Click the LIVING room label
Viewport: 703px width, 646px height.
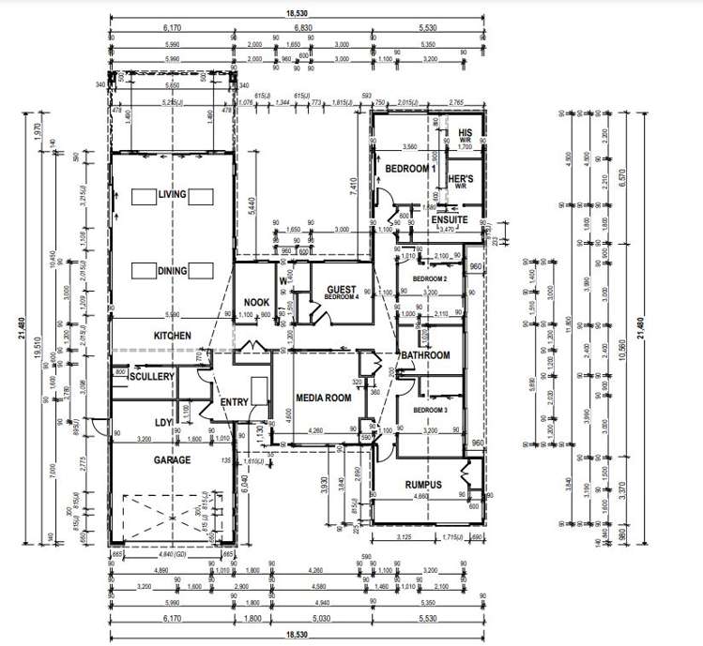[x=173, y=194]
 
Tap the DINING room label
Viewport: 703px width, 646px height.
[x=173, y=271]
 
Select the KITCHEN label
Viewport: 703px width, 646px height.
[x=173, y=336]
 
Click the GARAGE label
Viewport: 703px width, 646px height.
[x=173, y=460]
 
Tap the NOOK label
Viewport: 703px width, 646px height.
[x=256, y=302]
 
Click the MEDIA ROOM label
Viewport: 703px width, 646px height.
[x=323, y=398]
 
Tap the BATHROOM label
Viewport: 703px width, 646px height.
[x=425, y=355]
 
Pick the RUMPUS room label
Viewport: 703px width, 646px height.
[x=423, y=485]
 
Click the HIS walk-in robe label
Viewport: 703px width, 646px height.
[x=465, y=133]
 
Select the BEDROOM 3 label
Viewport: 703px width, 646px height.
[x=430, y=411]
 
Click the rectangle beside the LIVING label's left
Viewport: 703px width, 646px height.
[x=144, y=195]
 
